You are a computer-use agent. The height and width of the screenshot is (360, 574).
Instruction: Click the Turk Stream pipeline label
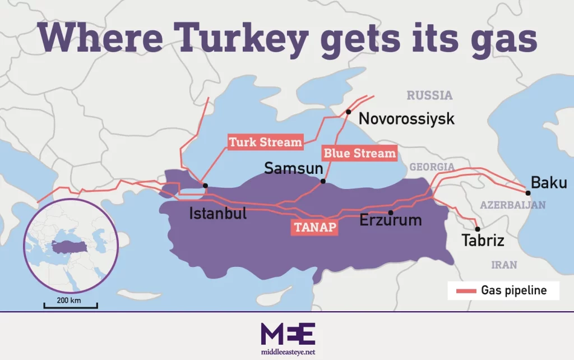click(x=265, y=142)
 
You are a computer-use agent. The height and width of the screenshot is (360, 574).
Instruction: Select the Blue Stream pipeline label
click(x=359, y=153)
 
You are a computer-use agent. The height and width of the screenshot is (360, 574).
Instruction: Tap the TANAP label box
click(x=314, y=228)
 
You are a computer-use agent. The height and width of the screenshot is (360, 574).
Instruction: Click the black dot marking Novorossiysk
click(x=348, y=112)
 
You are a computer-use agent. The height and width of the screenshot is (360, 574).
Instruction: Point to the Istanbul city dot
click(x=206, y=186)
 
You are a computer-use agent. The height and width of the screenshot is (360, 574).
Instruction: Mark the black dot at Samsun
click(x=322, y=181)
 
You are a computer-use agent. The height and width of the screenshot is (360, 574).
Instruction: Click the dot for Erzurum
click(x=391, y=213)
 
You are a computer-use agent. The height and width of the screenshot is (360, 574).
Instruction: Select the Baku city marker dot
click(x=528, y=192)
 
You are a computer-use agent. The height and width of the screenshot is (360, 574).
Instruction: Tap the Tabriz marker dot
click(x=477, y=229)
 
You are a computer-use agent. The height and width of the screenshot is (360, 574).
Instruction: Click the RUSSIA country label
click(x=429, y=95)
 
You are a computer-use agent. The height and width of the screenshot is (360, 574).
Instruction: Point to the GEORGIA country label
click(x=432, y=167)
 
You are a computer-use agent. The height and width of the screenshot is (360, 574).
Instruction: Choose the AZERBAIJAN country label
click(x=512, y=205)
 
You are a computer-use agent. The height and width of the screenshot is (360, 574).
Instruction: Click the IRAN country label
click(x=504, y=265)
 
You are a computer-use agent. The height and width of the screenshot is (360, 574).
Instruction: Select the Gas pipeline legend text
click(x=513, y=290)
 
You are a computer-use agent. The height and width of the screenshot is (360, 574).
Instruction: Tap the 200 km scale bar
click(x=71, y=306)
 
